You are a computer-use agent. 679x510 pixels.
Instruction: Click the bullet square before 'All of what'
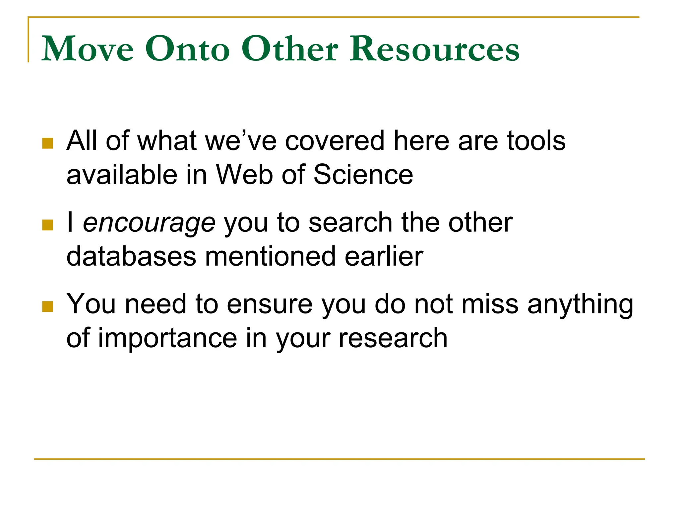pos(48,143)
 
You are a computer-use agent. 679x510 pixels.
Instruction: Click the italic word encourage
pos(149,223)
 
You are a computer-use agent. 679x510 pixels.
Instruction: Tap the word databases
pos(131,256)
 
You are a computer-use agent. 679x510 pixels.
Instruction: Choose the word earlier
pos(384,256)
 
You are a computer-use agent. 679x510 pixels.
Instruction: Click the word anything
pos(580,305)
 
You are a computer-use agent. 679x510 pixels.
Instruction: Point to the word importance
pos(168,338)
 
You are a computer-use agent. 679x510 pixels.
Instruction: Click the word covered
pos(335,141)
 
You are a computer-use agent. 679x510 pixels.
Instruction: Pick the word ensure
pos(270,305)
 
